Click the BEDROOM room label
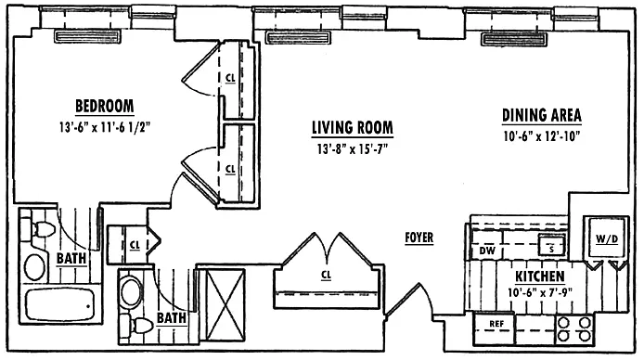pos(104,106)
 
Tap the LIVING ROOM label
pos(353,127)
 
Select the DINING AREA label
pos(541,115)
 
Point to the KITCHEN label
pos(540,276)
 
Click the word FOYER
pos(419,238)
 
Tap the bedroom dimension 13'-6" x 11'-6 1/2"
pos(105,128)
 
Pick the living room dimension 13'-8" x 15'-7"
pos(353,148)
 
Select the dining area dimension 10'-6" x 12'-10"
pos(541,135)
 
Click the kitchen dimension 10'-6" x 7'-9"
pos(540,292)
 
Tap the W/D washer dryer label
pos(607,239)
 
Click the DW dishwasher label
pos(487,250)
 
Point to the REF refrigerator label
pos(496,324)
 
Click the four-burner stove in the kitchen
pos(574,329)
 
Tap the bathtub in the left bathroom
pos(60,304)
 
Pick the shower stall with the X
pos(225,305)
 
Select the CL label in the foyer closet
pos(326,275)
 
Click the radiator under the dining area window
pos(514,39)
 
